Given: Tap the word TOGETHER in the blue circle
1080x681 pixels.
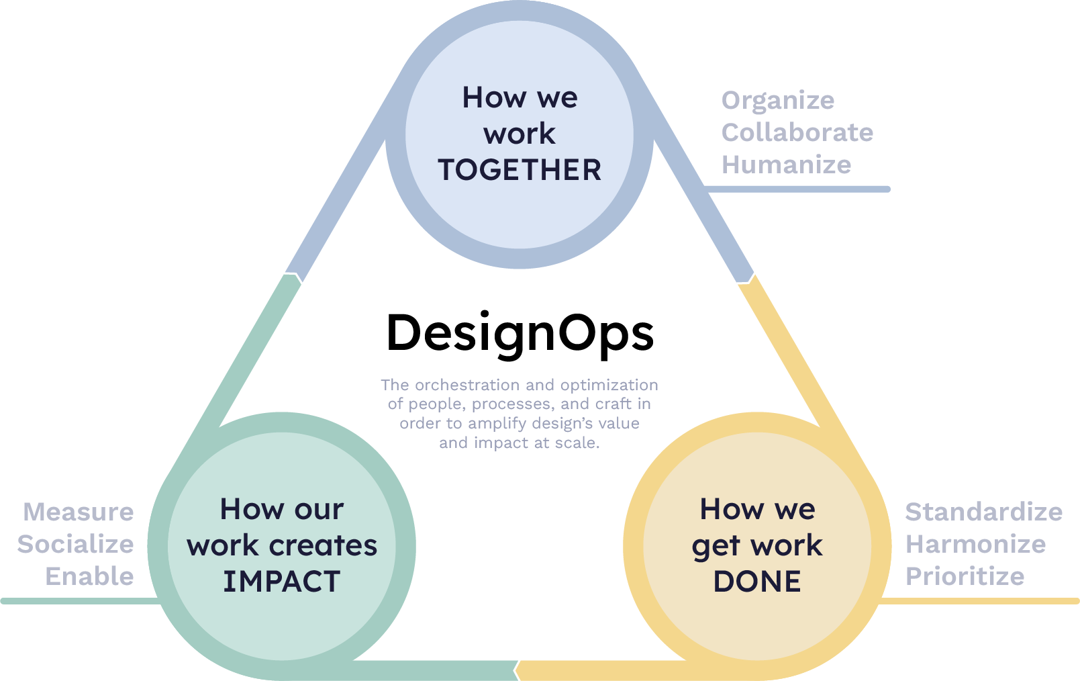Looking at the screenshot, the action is (x=520, y=170).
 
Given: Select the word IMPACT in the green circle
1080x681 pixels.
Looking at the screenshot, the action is (x=281, y=581).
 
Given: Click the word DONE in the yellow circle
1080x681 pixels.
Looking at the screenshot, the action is (x=757, y=581).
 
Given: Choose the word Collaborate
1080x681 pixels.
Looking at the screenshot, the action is (x=797, y=132).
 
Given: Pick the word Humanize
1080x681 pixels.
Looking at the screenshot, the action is (x=787, y=165).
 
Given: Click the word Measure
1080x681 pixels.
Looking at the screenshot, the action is (x=78, y=512).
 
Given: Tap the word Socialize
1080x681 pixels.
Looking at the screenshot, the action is (x=75, y=544).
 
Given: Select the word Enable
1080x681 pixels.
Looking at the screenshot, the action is (x=89, y=576).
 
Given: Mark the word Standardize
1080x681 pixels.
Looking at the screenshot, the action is (x=983, y=512).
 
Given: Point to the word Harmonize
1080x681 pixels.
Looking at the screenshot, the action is (x=975, y=544).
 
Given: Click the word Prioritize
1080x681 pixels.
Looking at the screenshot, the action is (x=965, y=576).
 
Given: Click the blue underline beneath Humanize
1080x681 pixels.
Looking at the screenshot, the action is (x=797, y=189).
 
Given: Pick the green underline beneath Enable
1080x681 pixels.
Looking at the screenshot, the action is (x=81, y=601).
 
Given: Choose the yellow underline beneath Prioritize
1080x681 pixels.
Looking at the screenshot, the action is (x=979, y=601).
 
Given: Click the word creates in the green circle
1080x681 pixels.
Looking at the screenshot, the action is (x=323, y=545).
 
